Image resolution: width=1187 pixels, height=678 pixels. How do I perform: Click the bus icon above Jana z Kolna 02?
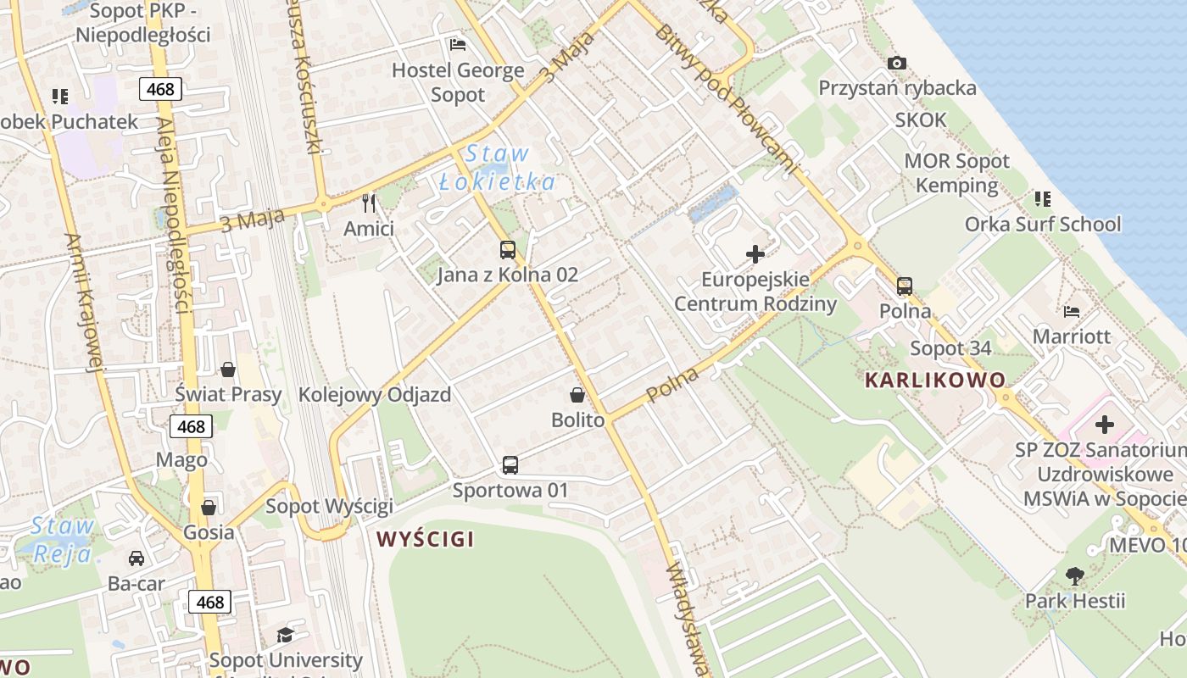coord(507,250)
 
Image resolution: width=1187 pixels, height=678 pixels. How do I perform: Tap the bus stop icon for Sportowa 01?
coord(510,465)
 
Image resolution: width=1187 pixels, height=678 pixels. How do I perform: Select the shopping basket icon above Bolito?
coord(577,395)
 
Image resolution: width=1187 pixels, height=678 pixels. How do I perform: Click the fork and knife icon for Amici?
coord(369,203)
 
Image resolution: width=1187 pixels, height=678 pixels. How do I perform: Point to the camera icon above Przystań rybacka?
coord(896,64)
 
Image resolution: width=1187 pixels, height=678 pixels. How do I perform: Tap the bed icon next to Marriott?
coord(1072,312)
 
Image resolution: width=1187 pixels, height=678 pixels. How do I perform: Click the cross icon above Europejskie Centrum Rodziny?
coord(755,254)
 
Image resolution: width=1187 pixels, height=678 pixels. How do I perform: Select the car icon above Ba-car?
coord(136,559)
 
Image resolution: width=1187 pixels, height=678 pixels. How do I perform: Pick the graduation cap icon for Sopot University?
coord(285,635)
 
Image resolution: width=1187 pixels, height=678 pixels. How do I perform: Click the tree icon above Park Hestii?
coord(1075,576)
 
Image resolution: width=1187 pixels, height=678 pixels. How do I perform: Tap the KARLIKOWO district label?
coord(934,380)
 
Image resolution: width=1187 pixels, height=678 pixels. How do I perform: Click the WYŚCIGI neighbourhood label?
coord(425,539)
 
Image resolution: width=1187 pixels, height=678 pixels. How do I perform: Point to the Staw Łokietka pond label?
coord(498,168)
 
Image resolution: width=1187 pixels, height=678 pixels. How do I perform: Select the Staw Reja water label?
coord(63,540)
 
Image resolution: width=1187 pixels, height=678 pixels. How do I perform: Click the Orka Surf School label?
coord(1042,225)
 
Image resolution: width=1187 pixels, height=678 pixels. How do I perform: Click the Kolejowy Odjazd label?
coord(374,395)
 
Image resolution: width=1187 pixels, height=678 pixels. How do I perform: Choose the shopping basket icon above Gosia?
coord(209,508)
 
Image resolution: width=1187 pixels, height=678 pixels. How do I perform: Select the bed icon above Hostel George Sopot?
coord(458,45)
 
